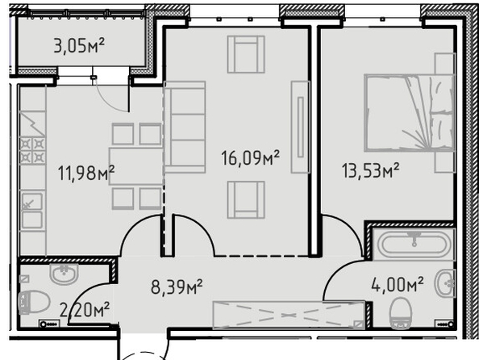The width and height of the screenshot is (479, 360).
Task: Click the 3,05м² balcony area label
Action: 79,45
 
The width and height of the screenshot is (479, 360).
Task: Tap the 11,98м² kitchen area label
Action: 86,173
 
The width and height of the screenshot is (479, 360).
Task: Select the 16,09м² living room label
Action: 251,158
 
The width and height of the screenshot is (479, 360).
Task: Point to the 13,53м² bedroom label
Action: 371,170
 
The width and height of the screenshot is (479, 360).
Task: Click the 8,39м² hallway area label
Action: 177,287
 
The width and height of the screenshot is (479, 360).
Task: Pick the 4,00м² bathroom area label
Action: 398,285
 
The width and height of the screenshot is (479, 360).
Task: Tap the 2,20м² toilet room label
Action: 85,309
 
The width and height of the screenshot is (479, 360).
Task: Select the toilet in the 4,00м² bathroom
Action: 401,313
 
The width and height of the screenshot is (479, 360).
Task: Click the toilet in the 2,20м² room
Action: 34,302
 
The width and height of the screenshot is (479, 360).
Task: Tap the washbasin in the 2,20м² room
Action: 65,274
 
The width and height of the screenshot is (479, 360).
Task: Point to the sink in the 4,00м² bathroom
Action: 446,283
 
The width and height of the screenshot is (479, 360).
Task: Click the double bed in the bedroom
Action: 409,112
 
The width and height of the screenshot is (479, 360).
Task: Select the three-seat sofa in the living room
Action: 185,127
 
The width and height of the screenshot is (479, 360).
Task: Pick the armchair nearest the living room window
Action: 246,54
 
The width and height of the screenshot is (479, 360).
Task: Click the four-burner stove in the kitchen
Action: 33,150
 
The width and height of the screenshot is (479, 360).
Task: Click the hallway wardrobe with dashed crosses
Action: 289,315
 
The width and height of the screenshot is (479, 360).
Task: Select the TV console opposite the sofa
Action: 301,127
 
